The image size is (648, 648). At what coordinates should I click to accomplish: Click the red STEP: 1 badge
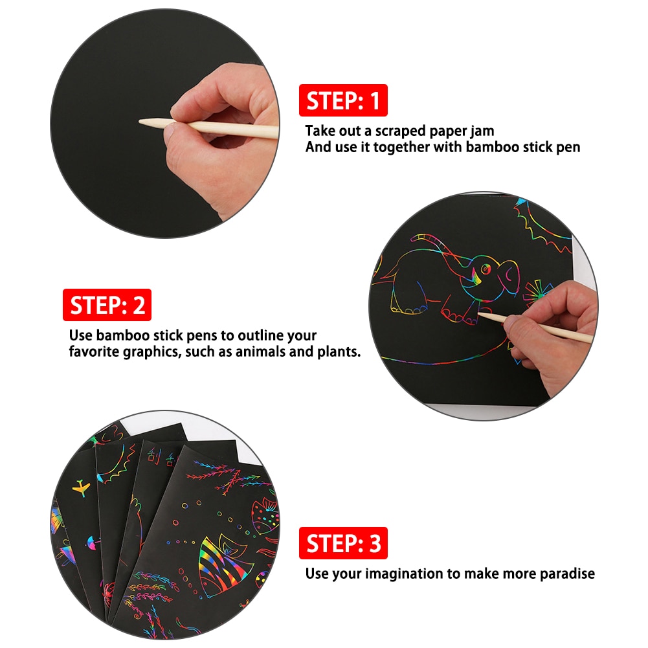click(343, 101)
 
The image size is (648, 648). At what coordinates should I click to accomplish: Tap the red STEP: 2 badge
click(107, 305)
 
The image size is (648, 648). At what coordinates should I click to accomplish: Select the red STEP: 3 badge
click(343, 543)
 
